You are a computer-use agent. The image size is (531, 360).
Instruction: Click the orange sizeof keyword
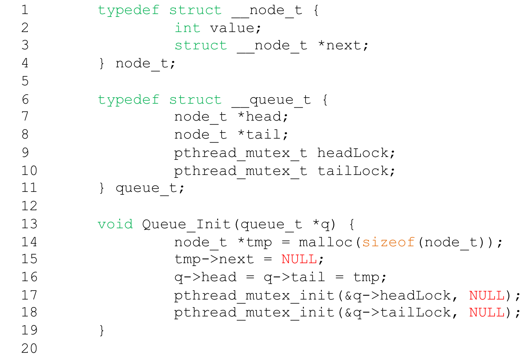388,242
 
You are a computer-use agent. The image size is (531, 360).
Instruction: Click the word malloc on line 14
325,242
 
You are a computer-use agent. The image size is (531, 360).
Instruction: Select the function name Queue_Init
186,224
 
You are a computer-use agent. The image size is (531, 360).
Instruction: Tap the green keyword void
115,224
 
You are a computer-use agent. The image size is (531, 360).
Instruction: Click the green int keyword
187,28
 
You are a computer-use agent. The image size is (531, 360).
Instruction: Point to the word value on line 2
232,28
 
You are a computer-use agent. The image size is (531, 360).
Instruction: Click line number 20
29,348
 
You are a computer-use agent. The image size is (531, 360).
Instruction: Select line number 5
25,81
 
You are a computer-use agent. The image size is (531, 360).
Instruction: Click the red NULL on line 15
299,259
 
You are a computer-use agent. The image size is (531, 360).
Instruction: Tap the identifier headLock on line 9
353,153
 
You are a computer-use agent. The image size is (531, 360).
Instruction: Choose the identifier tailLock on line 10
353,171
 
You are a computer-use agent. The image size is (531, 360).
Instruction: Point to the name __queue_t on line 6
271,100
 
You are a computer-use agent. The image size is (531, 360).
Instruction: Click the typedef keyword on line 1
129,10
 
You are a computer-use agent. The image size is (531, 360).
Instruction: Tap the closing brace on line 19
102,330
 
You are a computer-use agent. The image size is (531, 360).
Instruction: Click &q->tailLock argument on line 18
398,312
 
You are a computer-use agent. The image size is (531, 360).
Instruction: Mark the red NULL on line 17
487,295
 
